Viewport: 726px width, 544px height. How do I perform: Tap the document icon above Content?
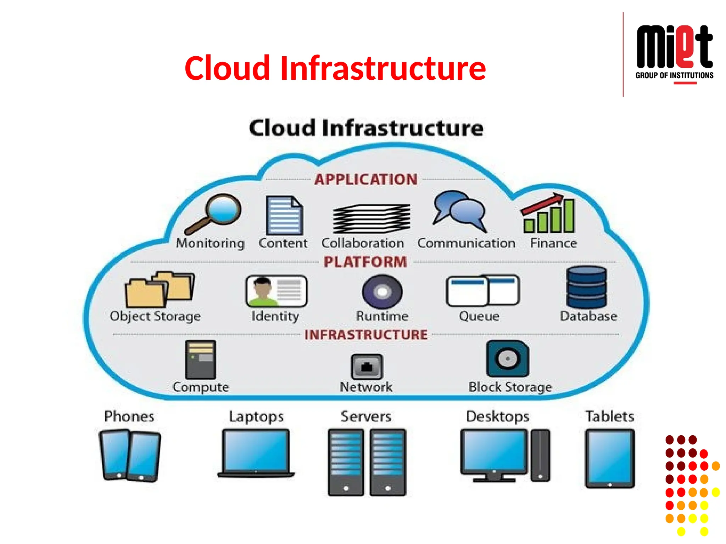tap(284, 215)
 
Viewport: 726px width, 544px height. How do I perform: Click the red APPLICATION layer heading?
tap(366, 180)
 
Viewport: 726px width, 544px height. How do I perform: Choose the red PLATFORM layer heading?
tap(365, 262)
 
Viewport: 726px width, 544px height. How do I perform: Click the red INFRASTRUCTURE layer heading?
tap(366, 335)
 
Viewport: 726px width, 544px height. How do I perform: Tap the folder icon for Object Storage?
tap(160, 289)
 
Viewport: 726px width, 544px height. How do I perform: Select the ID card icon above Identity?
tap(276, 291)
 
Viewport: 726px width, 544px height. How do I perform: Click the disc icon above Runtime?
tap(382, 292)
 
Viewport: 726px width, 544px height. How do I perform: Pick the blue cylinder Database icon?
tap(586, 287)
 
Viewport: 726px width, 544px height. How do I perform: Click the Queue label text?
tap(479, 316)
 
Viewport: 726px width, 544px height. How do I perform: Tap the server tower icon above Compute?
tap(200, 360)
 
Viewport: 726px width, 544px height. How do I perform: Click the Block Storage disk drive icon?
tap(507, 359)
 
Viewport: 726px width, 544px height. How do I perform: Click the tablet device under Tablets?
tap(609, 458)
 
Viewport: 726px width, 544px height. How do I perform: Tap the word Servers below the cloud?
tap(366, 416)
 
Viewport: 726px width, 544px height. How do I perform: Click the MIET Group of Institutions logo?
tap(674, 53)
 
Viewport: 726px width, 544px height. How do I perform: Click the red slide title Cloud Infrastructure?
tap(335, 68)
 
